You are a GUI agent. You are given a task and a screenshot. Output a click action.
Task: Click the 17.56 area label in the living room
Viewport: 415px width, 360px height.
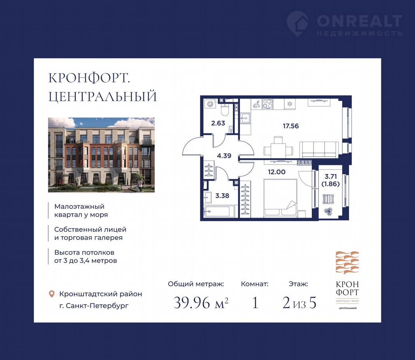pyautogui.click(x=290, y=126)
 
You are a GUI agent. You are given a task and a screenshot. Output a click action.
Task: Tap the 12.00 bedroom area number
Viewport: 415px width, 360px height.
pyautogui.click(x=277, y=172)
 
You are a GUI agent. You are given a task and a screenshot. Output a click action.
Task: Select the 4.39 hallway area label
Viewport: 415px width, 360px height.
pyautogui.click(x=224, y=156)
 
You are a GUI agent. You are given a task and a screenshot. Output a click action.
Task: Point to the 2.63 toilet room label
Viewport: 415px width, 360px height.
pyautogui.click(x=218, y=123)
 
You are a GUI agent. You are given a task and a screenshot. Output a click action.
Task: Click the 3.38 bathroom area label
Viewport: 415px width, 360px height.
pyautogui.click(x=222, y=196)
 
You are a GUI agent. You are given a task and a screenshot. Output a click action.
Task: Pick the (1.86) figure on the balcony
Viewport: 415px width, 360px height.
pyautogui.click(x=330, y=184)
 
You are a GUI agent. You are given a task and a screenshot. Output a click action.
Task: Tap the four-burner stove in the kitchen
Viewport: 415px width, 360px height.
pyautogui.click(x=267, y=104)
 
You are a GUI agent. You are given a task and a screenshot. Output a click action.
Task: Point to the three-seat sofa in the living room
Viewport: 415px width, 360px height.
pyautogui.click(x=319, y=150)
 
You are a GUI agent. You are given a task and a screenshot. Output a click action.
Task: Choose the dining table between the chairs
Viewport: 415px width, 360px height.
pyautogui.click(x=278, y=150)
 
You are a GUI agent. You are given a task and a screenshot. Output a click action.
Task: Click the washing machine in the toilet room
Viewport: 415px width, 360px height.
pyautogui.click(x=210, y=104)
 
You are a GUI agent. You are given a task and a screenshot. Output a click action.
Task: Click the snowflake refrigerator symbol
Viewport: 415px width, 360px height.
pyautogui.click(x=290, y=104)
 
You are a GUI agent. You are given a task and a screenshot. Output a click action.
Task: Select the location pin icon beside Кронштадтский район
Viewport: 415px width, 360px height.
pyautogui.click(x=52, y=294)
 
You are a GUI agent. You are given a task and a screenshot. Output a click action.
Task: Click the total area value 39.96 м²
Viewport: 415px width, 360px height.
pyautogui.click(x=201, y=303)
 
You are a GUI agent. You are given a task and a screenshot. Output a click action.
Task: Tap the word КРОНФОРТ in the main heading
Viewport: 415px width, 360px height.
pyautogui.click(x=89, y=78)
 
